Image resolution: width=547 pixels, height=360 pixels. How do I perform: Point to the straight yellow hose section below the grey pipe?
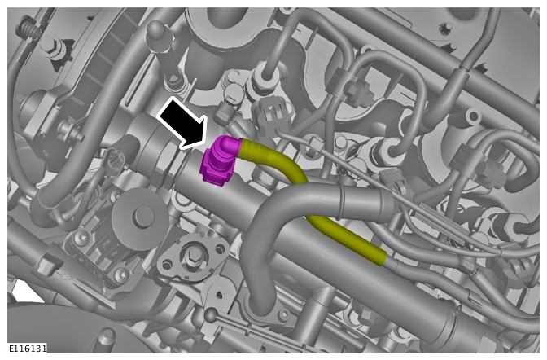pos(345,238)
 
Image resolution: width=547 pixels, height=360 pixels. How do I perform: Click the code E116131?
pos(27,348)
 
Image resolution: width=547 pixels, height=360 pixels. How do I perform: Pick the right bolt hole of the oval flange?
pos(220,249)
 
